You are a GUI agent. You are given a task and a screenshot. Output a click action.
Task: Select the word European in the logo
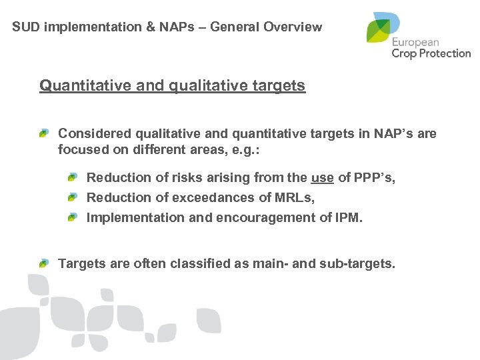[419, 41]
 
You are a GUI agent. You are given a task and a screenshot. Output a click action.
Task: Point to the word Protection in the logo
[443, 53]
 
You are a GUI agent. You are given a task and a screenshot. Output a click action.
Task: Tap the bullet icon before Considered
[44, 134]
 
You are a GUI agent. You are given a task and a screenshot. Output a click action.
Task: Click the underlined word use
[322, 177]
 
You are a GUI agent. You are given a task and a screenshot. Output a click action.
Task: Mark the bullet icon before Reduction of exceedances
[71, 198]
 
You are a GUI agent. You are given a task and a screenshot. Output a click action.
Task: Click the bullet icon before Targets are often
[44, 264]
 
